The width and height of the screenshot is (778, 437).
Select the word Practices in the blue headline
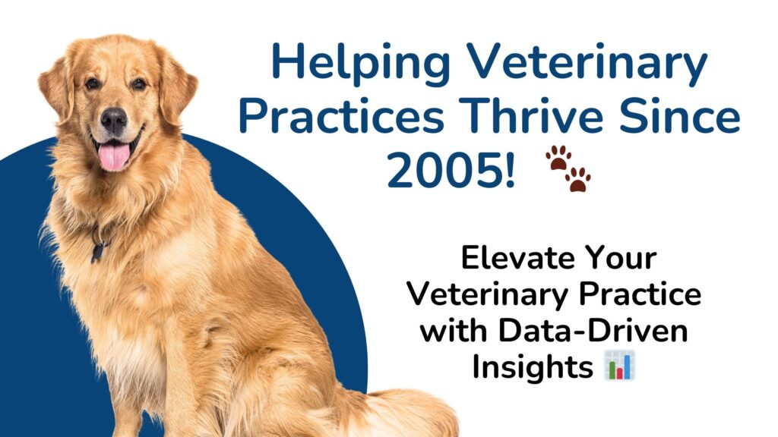(x=341, y=117)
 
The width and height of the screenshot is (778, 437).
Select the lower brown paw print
(x=578, y=179)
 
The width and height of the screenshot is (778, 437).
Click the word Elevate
(x=516, y=258)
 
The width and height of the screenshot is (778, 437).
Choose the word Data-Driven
(x=593, y=331)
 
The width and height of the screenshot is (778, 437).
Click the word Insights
(x=533, y=368)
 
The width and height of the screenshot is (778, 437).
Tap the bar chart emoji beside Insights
(x=620, y=365)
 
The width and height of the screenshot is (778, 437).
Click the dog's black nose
(x=114, y=119)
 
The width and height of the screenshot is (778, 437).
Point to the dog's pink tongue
(x=114, y=156)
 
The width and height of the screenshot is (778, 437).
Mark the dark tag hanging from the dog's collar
(x=98, y=251)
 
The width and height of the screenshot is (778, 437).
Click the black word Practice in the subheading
(x=640, y=294)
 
